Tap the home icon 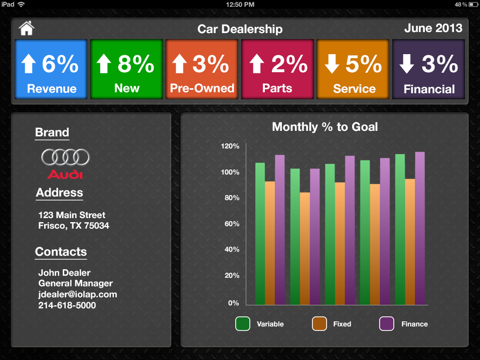26,28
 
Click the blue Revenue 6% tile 52,69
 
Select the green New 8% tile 126,69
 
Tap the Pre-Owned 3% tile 202,69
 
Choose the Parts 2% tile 277,69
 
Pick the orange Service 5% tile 353,69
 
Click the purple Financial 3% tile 428,69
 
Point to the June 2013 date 433,28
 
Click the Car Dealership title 240,29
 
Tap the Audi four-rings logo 65,157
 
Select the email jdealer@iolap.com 78,294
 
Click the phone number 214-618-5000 67,305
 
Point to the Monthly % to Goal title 325,127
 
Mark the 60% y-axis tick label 231,224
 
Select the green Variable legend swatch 243,324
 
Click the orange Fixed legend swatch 319,324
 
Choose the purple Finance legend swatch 386,324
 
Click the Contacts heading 61,252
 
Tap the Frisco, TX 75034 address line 74,226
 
